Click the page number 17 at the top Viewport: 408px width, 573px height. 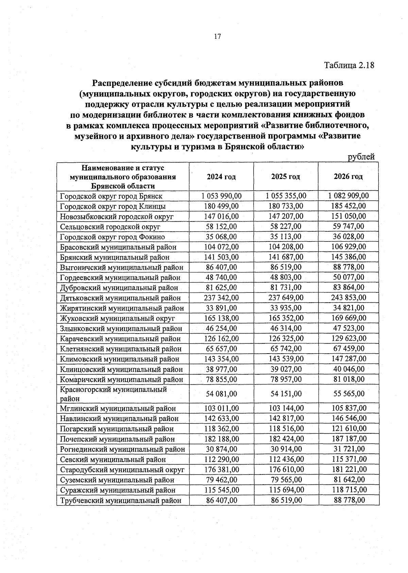pos(218,37)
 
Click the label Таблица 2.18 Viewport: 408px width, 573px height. pos(349,65)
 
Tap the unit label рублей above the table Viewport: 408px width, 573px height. pos(361,157)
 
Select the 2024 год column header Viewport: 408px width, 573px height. pos(221,177)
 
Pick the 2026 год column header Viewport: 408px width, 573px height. pos(348,177)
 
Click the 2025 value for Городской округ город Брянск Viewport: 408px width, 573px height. pos(286,196)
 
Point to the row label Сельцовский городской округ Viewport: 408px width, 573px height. pos(110,227)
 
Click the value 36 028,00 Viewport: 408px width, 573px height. pos(348,237)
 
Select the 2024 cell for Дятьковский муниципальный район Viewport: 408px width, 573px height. pos(221,298)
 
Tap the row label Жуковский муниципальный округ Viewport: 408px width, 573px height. pos(117,318)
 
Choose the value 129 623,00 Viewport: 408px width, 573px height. pos(349,339)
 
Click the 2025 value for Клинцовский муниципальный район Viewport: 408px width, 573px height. pos(286,369)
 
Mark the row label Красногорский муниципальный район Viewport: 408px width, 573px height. pos(114,394)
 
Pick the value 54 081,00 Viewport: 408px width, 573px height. pos(221,394)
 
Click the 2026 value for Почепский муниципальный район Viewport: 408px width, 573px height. pos(349,439)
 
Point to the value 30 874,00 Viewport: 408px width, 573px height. pos(221,449)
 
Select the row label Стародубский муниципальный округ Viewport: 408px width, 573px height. pos(122,470)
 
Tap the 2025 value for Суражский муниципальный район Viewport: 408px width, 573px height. pos(286,490)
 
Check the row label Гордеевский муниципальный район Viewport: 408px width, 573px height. pos(120,277)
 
